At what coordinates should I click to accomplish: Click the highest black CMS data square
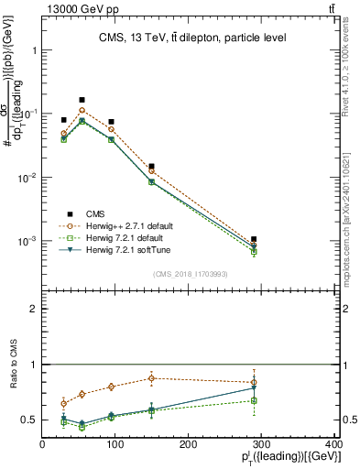[x=82, y=100]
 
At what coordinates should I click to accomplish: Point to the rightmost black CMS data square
[x=254, y=239]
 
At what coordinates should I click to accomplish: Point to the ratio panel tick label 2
[x=32, y=310]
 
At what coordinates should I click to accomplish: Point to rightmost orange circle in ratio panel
[x=254, y=382]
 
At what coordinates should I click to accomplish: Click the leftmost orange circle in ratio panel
[x=63, y=403]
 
